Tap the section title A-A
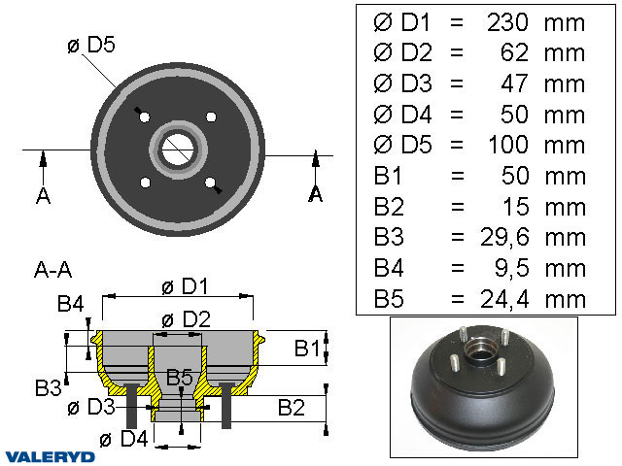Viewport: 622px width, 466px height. coord(52,269)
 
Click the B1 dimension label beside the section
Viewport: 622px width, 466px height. coord(307,347)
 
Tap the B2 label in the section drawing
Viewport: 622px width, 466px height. coord(291,407)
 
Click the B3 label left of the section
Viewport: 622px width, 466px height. coord(49,388)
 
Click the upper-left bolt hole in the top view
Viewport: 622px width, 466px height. coord(144,117)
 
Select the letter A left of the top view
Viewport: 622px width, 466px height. coord(43,196)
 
